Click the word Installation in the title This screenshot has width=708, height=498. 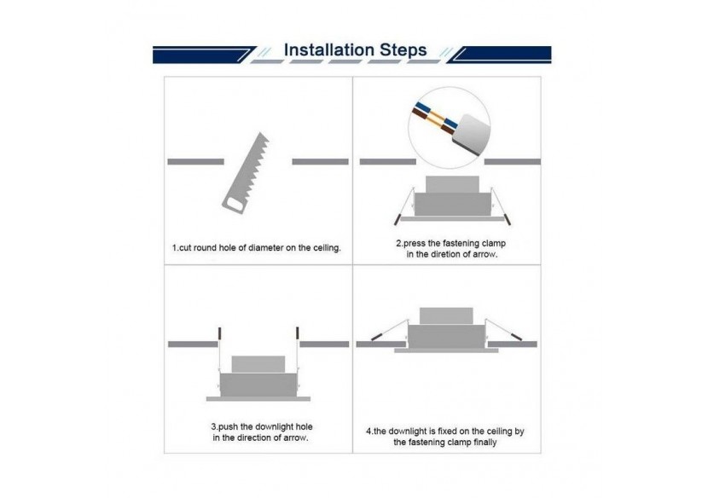tap(329, 49)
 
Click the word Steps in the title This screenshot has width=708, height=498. tap(403, 50)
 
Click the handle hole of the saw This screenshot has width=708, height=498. tap(235, 205)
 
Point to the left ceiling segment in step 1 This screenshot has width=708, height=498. tap(195, 162)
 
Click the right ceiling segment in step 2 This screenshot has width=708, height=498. tap(513, 162)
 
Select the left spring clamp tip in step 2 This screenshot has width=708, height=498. tap(397, 220)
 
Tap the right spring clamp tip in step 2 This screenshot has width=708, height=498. tap(508, 220)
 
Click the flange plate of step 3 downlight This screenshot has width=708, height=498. tap(258, 399)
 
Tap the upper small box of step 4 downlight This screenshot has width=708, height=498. tap(446, 316)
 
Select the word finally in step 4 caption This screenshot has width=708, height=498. tap(485, 443)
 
